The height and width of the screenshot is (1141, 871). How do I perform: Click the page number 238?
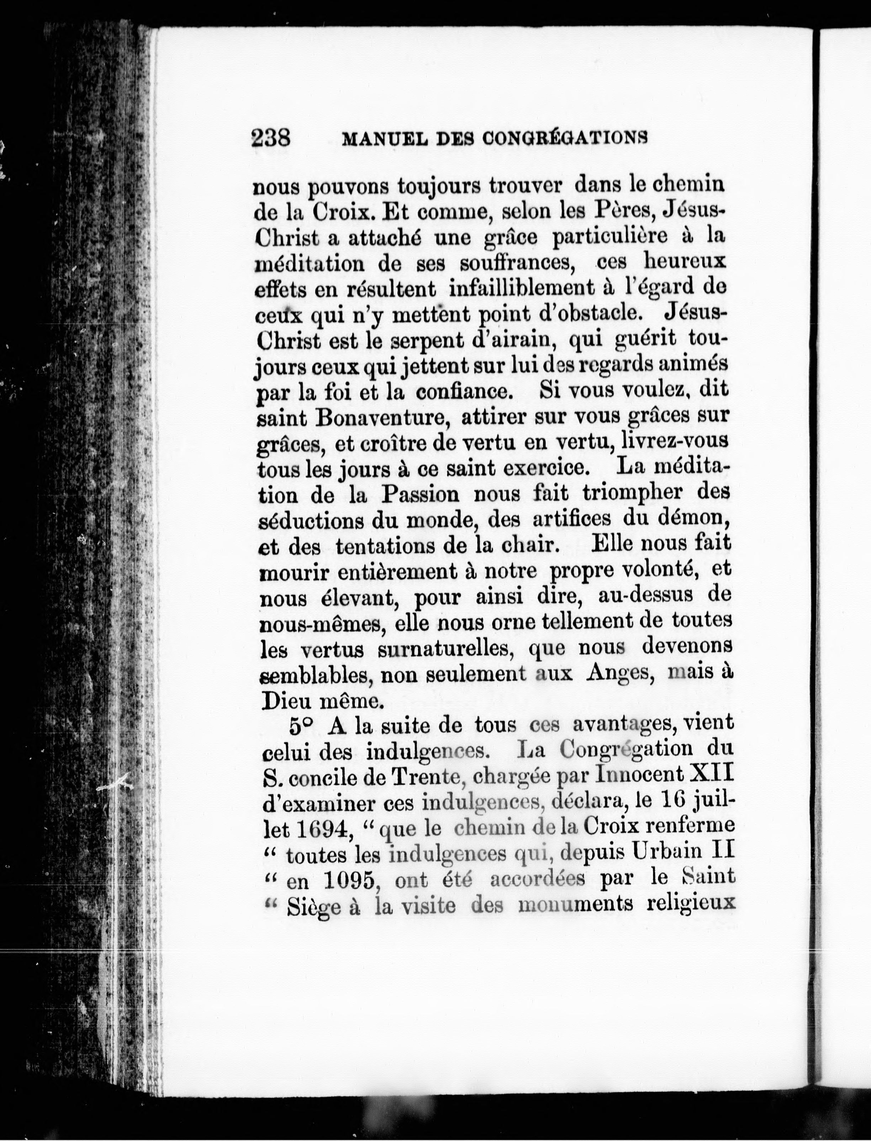[x=271, y=138]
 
